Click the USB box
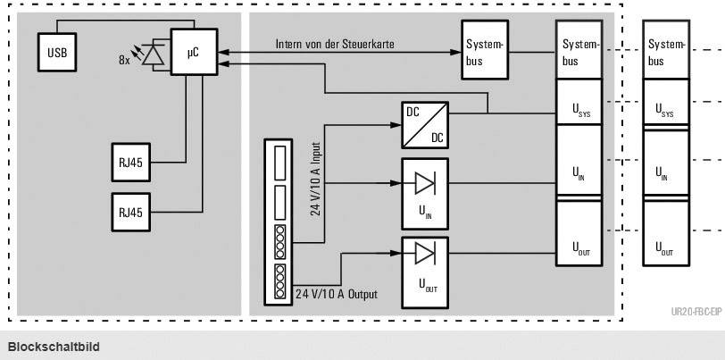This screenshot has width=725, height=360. (x=56, y=53)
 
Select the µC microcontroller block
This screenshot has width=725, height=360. (x=193, y=54)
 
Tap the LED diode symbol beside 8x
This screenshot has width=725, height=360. (x=155, y=55)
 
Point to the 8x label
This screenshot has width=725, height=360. (x=124, y=62)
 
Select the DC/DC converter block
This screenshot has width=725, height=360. (x=425, y=124)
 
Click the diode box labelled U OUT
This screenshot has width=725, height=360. (x=425, y=268)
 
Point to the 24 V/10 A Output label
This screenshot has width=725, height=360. (x=337, y=294)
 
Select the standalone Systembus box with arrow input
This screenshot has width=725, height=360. (x=485, y=53)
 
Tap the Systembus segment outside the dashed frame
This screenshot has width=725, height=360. (x=666, y=53)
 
